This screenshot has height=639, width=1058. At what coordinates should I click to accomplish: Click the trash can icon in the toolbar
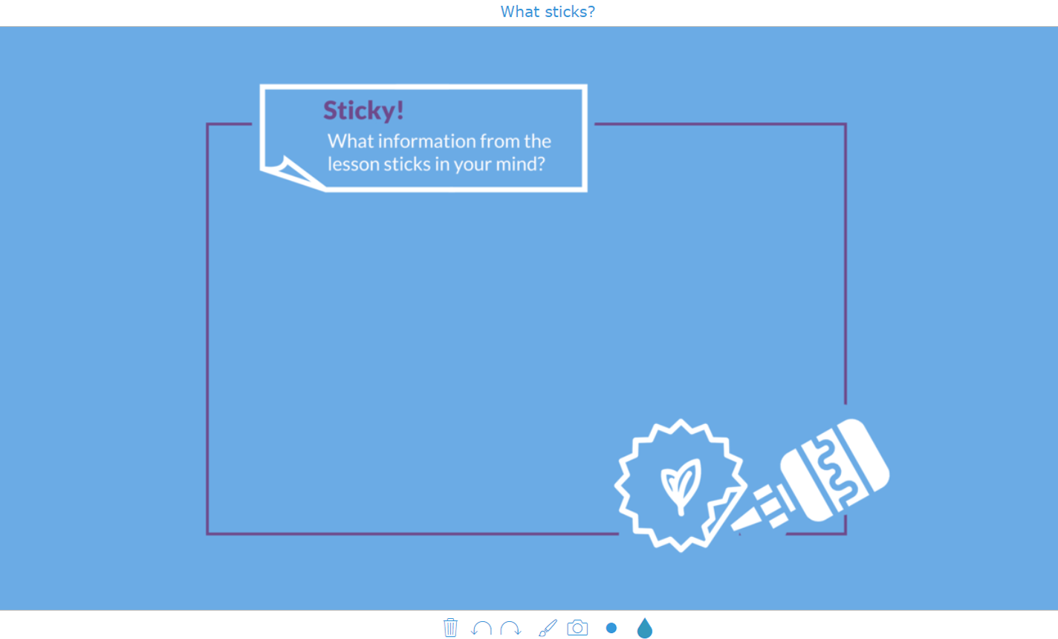(x=450, y=628)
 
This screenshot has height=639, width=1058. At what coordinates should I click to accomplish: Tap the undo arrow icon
(x=481, y=629)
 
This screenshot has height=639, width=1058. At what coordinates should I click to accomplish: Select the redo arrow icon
(x=510, y=629)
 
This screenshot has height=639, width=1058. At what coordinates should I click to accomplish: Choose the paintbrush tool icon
(x=548, y=629)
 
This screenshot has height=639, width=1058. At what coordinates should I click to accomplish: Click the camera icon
(x=577, y=628)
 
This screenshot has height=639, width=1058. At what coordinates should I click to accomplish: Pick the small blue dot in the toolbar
(x=611, y=628)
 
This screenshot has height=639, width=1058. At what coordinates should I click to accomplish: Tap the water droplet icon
(x=644, y=629)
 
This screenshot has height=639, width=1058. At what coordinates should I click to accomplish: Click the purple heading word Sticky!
(x=363, y=111)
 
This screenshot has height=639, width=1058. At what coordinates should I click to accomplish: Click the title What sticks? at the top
(x=548, y=12)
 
